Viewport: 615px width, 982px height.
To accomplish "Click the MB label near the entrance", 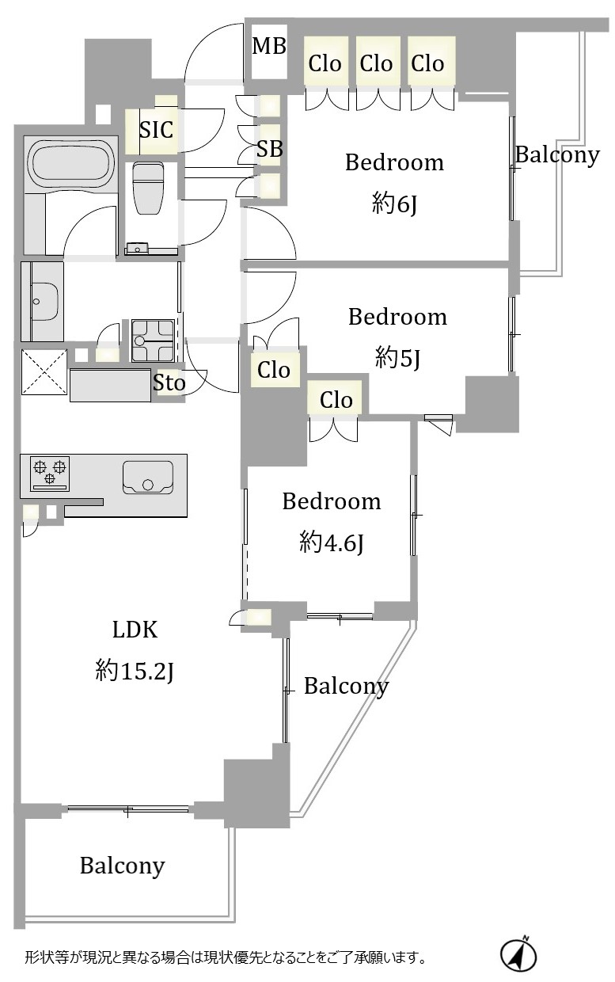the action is click(269, 46).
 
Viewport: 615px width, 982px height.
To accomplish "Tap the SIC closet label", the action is click(156, 129).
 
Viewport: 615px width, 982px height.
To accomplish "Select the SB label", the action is click(269, 149).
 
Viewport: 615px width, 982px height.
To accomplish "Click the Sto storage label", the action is click(169, 383).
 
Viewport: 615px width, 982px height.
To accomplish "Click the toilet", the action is click(148, 188).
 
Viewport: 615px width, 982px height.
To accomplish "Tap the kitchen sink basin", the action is click(148, 478).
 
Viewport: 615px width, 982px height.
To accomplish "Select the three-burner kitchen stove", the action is click(50, 474).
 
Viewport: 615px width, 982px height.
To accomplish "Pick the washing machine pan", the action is click(153, 341).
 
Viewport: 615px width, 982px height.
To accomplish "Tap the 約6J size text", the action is click(394, 204).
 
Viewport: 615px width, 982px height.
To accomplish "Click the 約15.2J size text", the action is click(135, 672).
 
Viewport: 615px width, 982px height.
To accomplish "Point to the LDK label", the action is click(135, 630).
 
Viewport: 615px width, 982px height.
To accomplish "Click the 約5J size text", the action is click(397, 359).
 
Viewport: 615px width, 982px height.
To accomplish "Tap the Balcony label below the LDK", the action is click(122, 866).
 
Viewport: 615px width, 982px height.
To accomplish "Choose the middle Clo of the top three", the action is click(376, 63).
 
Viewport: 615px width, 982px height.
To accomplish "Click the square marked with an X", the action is click(44, 371).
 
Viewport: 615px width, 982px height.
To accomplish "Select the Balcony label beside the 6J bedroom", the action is click(557, 155).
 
